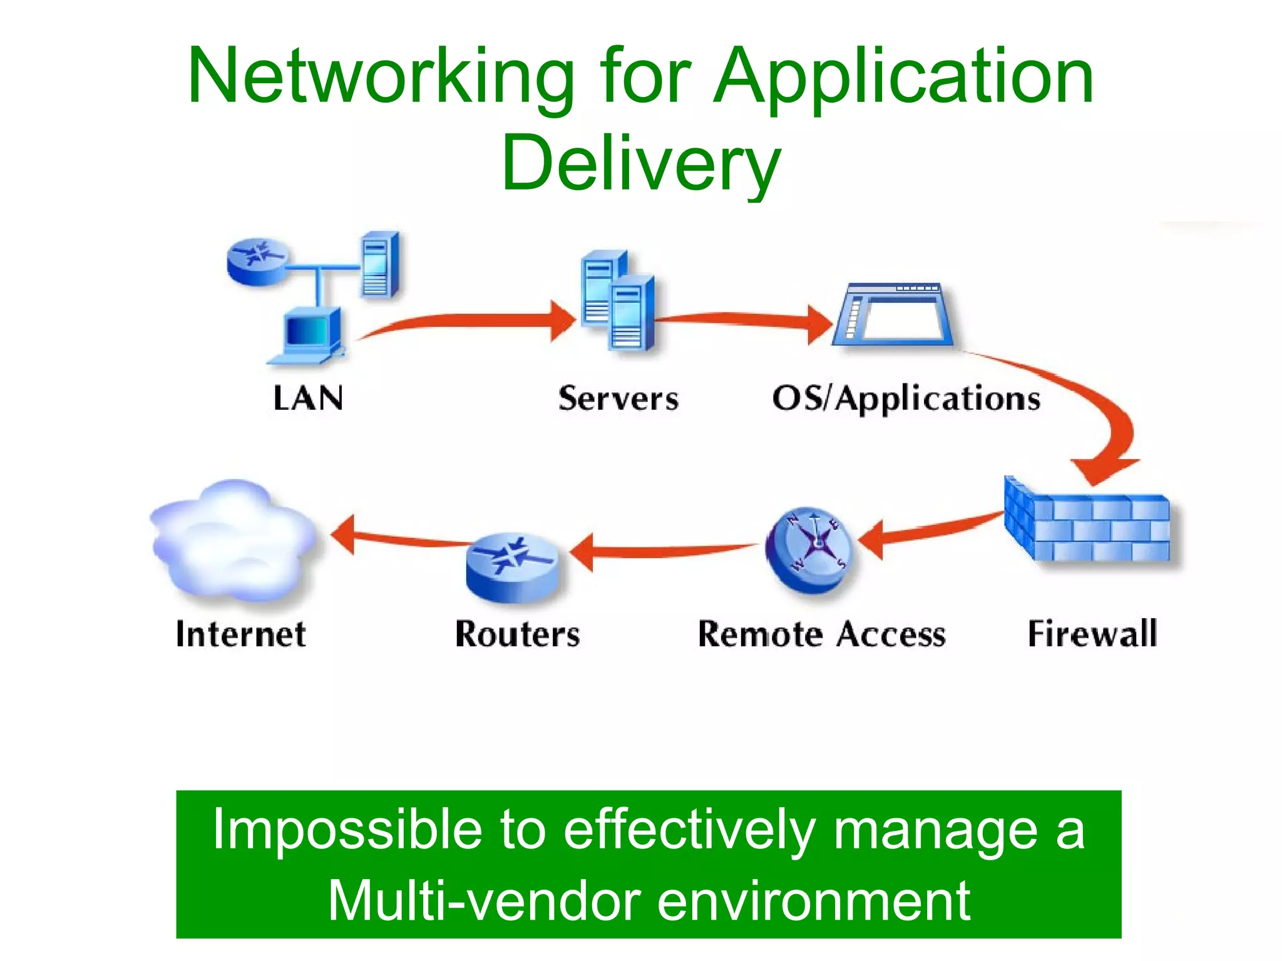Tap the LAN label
[x=308, y=398]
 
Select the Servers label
[x=618, y=399]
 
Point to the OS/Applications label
[x=906, y=399]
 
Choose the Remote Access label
[x=821, y=634]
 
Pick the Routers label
[x=518, y=634]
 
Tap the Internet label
[x=241, y=634]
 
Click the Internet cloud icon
[x=235, y=541]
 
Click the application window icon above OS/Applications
[x=893, y=314]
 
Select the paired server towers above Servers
[x=617, y=300]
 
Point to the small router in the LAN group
[x=258, y=262]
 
